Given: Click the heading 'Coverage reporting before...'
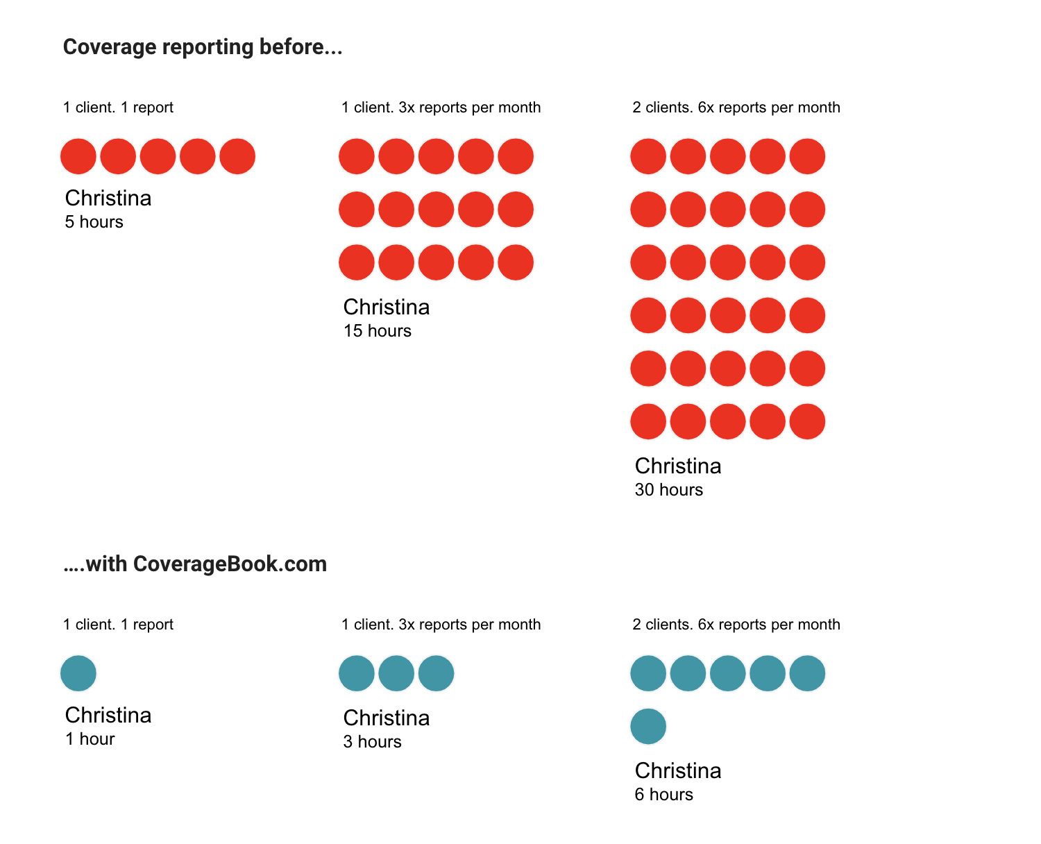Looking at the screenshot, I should [203, 47].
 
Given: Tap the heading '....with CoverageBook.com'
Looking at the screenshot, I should [195, 564].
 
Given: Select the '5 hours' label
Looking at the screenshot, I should [94, 222].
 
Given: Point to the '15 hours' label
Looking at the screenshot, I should [378, 331].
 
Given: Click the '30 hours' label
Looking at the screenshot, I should [669, 490].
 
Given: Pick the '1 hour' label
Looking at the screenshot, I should [90, 739].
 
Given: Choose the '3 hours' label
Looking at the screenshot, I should [373, 742].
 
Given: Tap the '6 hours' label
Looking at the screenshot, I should [664, 795].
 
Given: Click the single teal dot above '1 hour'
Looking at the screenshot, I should [78, 673].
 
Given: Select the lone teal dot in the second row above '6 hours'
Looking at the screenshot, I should [648, 726].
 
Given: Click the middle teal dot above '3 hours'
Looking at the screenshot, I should [396, 673].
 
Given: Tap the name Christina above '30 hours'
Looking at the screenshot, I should [678, 466].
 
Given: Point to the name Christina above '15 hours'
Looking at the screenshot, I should [387, 307].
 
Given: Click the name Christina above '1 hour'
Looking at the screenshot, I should [108, 715].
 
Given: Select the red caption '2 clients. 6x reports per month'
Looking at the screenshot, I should [736, 108].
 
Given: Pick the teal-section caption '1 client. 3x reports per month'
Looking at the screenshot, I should [441, 625].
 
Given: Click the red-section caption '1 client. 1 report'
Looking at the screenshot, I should [118, 108].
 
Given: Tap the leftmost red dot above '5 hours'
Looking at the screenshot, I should [78, 156].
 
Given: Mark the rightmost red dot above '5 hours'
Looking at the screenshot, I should [237, 156].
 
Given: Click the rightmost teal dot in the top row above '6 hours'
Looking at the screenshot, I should [807, 673].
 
